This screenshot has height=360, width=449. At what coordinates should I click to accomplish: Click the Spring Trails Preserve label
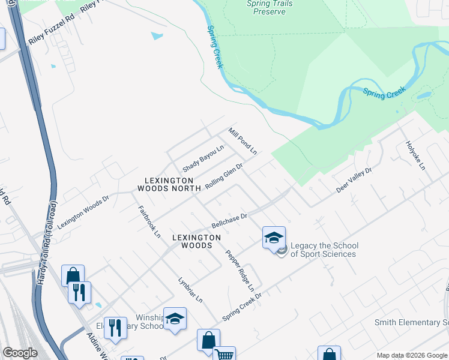click(x=270, y=7)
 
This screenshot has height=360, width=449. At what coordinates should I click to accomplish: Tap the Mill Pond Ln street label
click(x=243, y=141)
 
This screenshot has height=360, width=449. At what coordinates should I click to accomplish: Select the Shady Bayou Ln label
click(x=203, y=157)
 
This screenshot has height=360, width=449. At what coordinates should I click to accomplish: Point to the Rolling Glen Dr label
click(x=224, y=177)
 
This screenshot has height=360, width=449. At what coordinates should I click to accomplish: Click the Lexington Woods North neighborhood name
click(x=168, y=184)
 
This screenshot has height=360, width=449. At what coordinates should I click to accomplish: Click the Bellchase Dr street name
click(x=229, y=221)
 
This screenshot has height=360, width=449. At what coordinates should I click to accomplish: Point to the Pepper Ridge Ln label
click(x=240, y=271)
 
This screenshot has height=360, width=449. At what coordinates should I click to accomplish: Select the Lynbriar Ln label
click(x=190, y=290)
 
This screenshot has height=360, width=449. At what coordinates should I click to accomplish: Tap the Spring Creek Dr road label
click(x=243, y=305)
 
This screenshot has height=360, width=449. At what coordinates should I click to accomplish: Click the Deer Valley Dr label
click(x=354, y=179)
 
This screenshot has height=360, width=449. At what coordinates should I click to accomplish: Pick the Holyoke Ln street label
click(x=415, y=155)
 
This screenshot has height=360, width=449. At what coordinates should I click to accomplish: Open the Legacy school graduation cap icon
click(x=274, y=238)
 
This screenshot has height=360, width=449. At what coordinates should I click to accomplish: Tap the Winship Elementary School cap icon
click(x=175, y=319)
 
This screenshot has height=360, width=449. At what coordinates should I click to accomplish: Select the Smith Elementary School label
click(x=411, y=322)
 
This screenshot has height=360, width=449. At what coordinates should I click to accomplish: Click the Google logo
click(x=20, y=353)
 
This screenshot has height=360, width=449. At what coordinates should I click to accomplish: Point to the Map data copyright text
click(x=411, y=355)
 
